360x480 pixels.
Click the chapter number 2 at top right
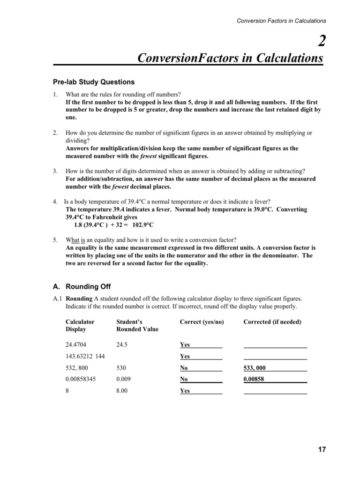pos(321,42)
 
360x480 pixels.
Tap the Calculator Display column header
pos(80,325)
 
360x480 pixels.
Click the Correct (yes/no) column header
pos(202,322)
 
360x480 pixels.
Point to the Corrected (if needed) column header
pos(272,322)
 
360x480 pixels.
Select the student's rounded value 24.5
pos(122,345)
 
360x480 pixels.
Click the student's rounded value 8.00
pos(122,391)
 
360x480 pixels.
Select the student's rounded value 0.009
pos(124,379)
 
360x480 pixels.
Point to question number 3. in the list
pos(55,171)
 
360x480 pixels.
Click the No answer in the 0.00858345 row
pos(185,379)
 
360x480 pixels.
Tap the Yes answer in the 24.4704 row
pos(185,345)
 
